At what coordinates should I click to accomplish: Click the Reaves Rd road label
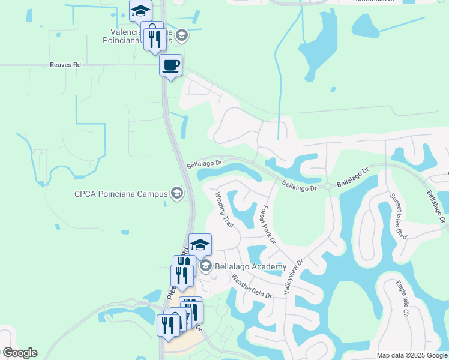[x=66, y=65]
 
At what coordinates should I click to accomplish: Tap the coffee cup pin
[x=170, y=65]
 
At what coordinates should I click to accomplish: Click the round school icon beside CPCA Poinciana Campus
[x=176, y=193]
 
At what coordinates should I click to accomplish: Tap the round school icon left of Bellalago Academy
[x=205, y=266]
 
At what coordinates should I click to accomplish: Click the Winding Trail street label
[x=224, y=208]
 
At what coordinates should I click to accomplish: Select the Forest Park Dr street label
[x=267, y=224]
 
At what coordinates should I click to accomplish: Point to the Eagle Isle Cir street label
[x=402, y=299]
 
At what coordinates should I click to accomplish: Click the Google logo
[x=19, y=353]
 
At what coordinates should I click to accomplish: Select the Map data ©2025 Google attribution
[x=411, y=355]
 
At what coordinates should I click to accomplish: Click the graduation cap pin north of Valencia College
[x=140, y=10]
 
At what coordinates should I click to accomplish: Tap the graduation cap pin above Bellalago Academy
[x=200, y=244]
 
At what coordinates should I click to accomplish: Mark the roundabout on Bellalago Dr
[x=328, y=186]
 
